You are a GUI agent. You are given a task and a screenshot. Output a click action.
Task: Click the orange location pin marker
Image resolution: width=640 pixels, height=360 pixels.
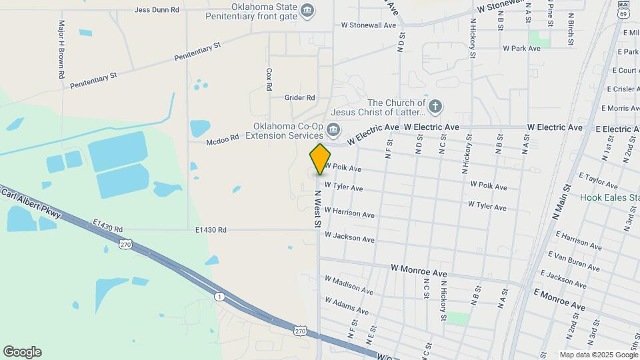(320, 159)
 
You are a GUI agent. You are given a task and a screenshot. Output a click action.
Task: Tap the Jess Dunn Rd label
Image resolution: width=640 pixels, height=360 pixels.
(157, 10)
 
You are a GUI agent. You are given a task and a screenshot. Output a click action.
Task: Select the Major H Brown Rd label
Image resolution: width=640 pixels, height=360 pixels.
(61, 49)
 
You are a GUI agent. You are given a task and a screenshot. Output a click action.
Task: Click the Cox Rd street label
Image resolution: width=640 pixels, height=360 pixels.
(269, 79)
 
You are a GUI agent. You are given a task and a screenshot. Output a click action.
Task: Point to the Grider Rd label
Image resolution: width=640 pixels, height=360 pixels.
(299, 97)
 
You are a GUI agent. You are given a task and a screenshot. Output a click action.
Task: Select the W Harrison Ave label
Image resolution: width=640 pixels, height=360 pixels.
(349, 213)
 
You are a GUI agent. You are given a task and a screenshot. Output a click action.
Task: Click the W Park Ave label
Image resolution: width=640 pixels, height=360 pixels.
(521, 49)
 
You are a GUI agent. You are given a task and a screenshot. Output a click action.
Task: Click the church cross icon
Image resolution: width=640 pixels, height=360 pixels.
(435, 106)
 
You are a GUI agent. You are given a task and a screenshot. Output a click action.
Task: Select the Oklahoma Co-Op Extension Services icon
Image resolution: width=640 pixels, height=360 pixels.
(334, 129)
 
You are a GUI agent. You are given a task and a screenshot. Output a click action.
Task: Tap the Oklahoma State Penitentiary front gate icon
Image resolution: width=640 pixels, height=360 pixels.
(307, 9)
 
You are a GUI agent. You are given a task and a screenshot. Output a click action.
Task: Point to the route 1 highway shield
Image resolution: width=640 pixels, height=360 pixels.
(219, 295)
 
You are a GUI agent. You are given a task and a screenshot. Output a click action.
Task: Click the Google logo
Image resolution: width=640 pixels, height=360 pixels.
(22, 352)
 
